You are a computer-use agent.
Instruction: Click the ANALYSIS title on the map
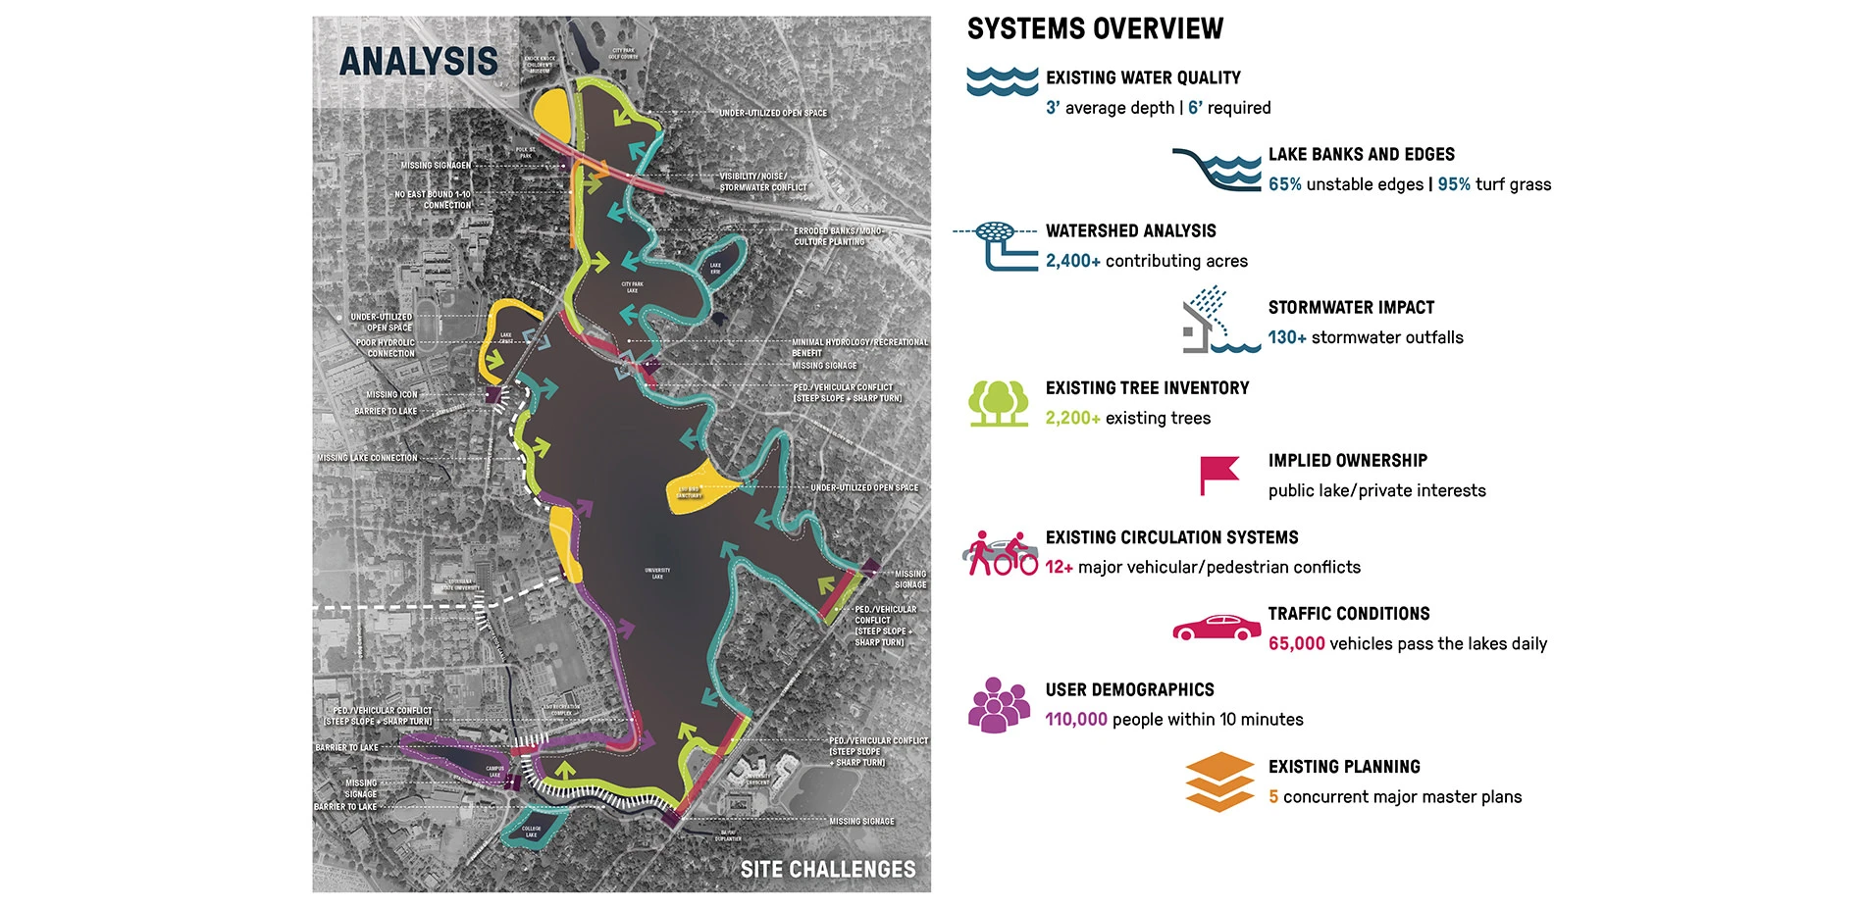(419, 62)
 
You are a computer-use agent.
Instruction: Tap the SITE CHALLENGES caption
(828, 870)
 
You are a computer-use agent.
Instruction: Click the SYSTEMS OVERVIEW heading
(1095, 29)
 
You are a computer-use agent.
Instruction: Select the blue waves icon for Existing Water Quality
(1002, 81)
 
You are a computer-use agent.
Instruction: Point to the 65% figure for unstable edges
(1284, 184)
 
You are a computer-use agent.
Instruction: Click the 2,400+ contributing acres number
(1072, 261)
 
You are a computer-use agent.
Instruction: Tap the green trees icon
(999, 404)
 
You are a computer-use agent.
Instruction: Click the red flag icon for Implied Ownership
(1218, 476)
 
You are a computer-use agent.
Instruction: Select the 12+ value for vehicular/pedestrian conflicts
(1059, 568)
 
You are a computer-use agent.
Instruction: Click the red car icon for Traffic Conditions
(1217, 628)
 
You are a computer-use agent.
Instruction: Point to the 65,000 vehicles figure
(1296, 644)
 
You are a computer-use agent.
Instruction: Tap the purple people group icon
(999, 705)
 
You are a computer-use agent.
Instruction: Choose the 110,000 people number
(1076, 720)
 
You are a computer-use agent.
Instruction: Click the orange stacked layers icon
(1219, 783)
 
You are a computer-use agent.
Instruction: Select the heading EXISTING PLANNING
(1344, 767)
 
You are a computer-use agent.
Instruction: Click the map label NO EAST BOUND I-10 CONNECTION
(433, 200)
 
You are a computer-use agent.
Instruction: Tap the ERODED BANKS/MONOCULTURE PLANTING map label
(837, 236)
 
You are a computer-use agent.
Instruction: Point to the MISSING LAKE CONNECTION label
(367, 458)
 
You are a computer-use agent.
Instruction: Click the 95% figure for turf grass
(1454, 184)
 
